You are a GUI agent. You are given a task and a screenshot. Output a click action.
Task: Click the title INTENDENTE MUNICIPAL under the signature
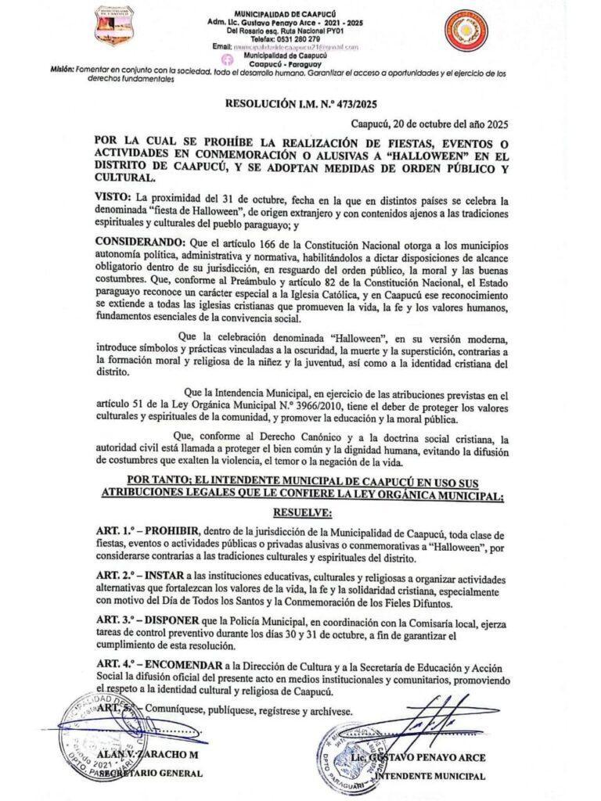[430, 776]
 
